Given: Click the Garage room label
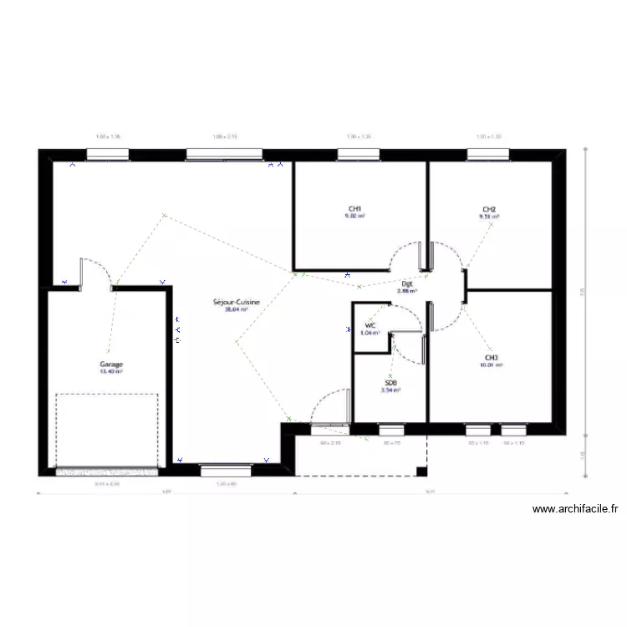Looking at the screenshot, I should pyautogui.click(x=111, y=365).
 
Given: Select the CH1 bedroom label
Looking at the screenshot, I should pyautogui.click(x=354, y=209).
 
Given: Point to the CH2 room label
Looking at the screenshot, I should pyautogui.click(x=489, y=209).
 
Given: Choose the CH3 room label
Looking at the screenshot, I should pyautogui.click(x=490, y=359).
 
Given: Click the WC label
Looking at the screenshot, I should pyautogui.click(x=370, y=325).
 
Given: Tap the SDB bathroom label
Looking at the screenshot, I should pyautogui.click(x=390, y=383).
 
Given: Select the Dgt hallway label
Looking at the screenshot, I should pyautogui.click(x=406, y=283).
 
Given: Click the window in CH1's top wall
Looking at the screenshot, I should pyautogui.click(x=359, y=154).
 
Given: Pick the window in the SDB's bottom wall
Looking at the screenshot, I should pyautogui.click(x=391, y=430).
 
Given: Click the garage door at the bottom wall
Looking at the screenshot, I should pyautogui.click(x=106, y=472).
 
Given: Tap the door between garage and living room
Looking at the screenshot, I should pyautogui.click(x=92, y=273).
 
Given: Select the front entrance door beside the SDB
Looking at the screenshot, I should pyautogui.click(x=329, y=410).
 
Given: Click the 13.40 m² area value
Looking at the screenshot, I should pyautogui.click(x=111, y=372).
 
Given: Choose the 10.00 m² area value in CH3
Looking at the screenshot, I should pyautogui.click(x=490, y=365).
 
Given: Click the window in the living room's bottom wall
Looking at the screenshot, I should pyautogui.click(x=227, y=471).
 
